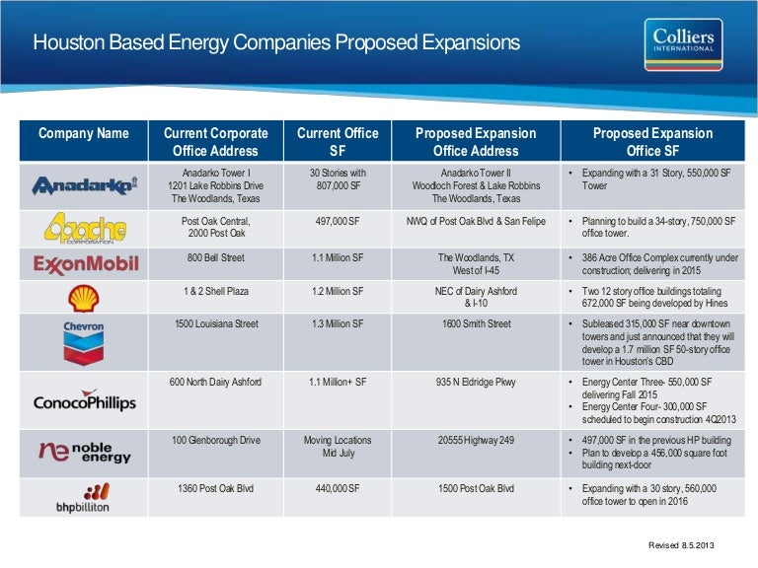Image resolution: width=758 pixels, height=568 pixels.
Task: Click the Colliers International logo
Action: click(x=688, y=44)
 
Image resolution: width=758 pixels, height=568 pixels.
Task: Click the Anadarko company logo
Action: click(x=84, y=185)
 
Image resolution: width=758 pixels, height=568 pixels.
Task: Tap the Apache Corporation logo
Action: click(x=84, y=229)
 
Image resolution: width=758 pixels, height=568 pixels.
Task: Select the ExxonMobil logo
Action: click(x=84, y=264)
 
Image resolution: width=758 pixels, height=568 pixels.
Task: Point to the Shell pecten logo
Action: click(x=83, y=297)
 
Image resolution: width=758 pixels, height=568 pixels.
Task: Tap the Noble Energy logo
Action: click(x=84, y=452)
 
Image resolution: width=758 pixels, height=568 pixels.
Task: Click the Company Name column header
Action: click(x=84, y=133)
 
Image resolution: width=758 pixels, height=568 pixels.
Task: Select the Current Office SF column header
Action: click(x=338, y=142)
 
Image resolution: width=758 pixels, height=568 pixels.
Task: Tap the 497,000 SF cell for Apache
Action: click(x=338, y=223)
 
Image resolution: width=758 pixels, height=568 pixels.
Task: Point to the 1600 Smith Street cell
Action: click(x=476, y=324)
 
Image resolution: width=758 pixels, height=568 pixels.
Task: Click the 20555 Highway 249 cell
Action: click(x=476, y=441)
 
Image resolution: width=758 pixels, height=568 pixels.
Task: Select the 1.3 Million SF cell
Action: click(x=338, y=324)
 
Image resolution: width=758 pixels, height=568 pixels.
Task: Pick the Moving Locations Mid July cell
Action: click(x=338, y=448)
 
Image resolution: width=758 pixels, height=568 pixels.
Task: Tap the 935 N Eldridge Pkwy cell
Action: click(x=476, y=382)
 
